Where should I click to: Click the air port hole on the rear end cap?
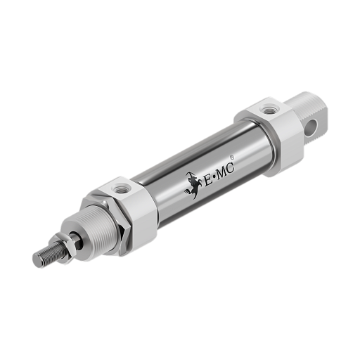coord(267,110)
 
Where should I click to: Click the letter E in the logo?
coord(208,181)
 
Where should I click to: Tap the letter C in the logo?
coord(230,168)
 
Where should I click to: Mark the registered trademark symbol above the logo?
coord(231,157)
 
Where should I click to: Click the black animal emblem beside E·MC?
coord(193,185)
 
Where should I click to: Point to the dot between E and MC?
coord(214,179)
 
